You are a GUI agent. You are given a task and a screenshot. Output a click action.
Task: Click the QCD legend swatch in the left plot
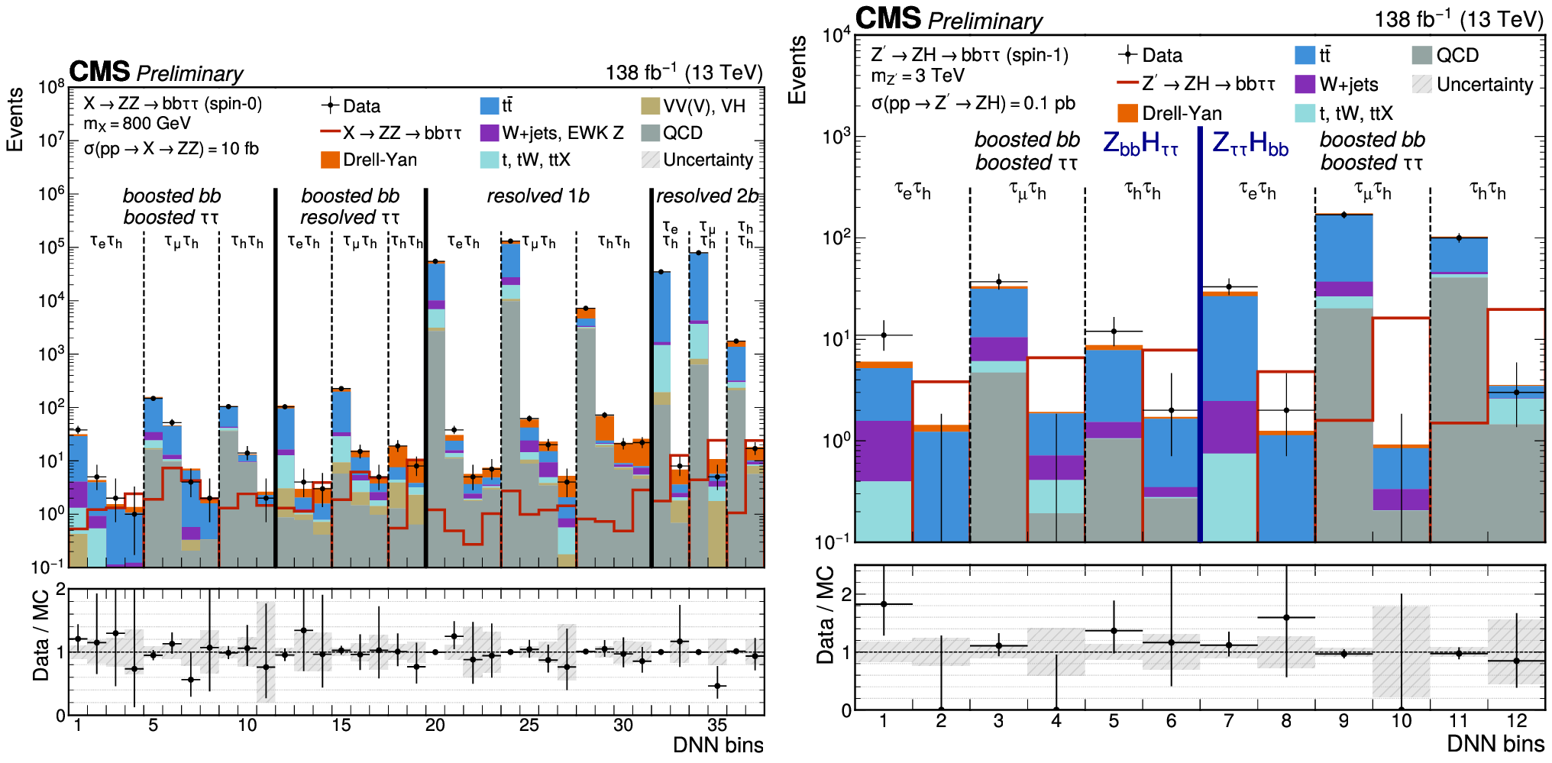pyautogui.click(x=651, y=133)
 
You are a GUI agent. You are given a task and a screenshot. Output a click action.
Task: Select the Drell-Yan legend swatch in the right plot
pyautogui.click(x=1127, y=113)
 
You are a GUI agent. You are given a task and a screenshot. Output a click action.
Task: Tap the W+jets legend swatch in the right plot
pyautogui.click(x=1305, y=84)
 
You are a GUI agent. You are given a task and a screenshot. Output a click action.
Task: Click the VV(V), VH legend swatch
pyautogui.click(x=651, y=106)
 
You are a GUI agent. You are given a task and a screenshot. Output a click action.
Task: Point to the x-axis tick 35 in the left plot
pyautogui.click(x=717, y=725)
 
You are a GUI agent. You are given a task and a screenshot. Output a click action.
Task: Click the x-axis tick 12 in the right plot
pyautogui.click(x=1516, y=720)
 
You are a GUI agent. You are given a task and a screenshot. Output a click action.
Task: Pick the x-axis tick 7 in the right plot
pyautogui.click(x=1228, y=720)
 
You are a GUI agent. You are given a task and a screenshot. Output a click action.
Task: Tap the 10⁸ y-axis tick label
pyautogui.click(x=52, y=86)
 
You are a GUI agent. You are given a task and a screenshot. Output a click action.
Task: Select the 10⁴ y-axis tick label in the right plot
pyautogui.click(x=836, y=35)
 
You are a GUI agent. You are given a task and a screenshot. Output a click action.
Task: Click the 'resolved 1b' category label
pyautogui.click(x=538, y=196)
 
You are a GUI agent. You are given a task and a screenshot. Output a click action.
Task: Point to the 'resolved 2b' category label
pyautogui.click(x=708, y=196)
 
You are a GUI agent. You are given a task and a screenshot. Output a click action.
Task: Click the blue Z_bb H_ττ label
pyautogui.click(x=1141, y=144)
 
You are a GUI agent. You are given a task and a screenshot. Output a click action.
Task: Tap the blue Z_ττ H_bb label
pyautogui.click(x=1250, y=144)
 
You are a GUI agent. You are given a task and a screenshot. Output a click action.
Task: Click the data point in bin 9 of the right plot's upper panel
pyautogui.click(x=1343, y=215)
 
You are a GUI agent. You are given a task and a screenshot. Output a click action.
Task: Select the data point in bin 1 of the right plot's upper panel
pyautogui.click(x=884, y=335)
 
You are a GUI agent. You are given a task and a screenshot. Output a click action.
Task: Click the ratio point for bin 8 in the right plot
pyautogui.click(x=1286, y=617)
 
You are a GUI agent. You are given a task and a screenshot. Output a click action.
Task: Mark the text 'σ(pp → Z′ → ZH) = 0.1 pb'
pyautogui.click(x=973, y=103)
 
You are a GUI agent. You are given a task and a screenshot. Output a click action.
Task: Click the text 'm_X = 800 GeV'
pyautogui.click(x=137, y=124)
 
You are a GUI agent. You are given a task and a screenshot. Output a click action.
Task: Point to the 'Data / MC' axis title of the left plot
pyautogui.click(x=40, y=635)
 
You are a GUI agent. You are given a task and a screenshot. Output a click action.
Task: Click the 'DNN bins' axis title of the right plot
pyautogui.click(x=1495, y=744)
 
